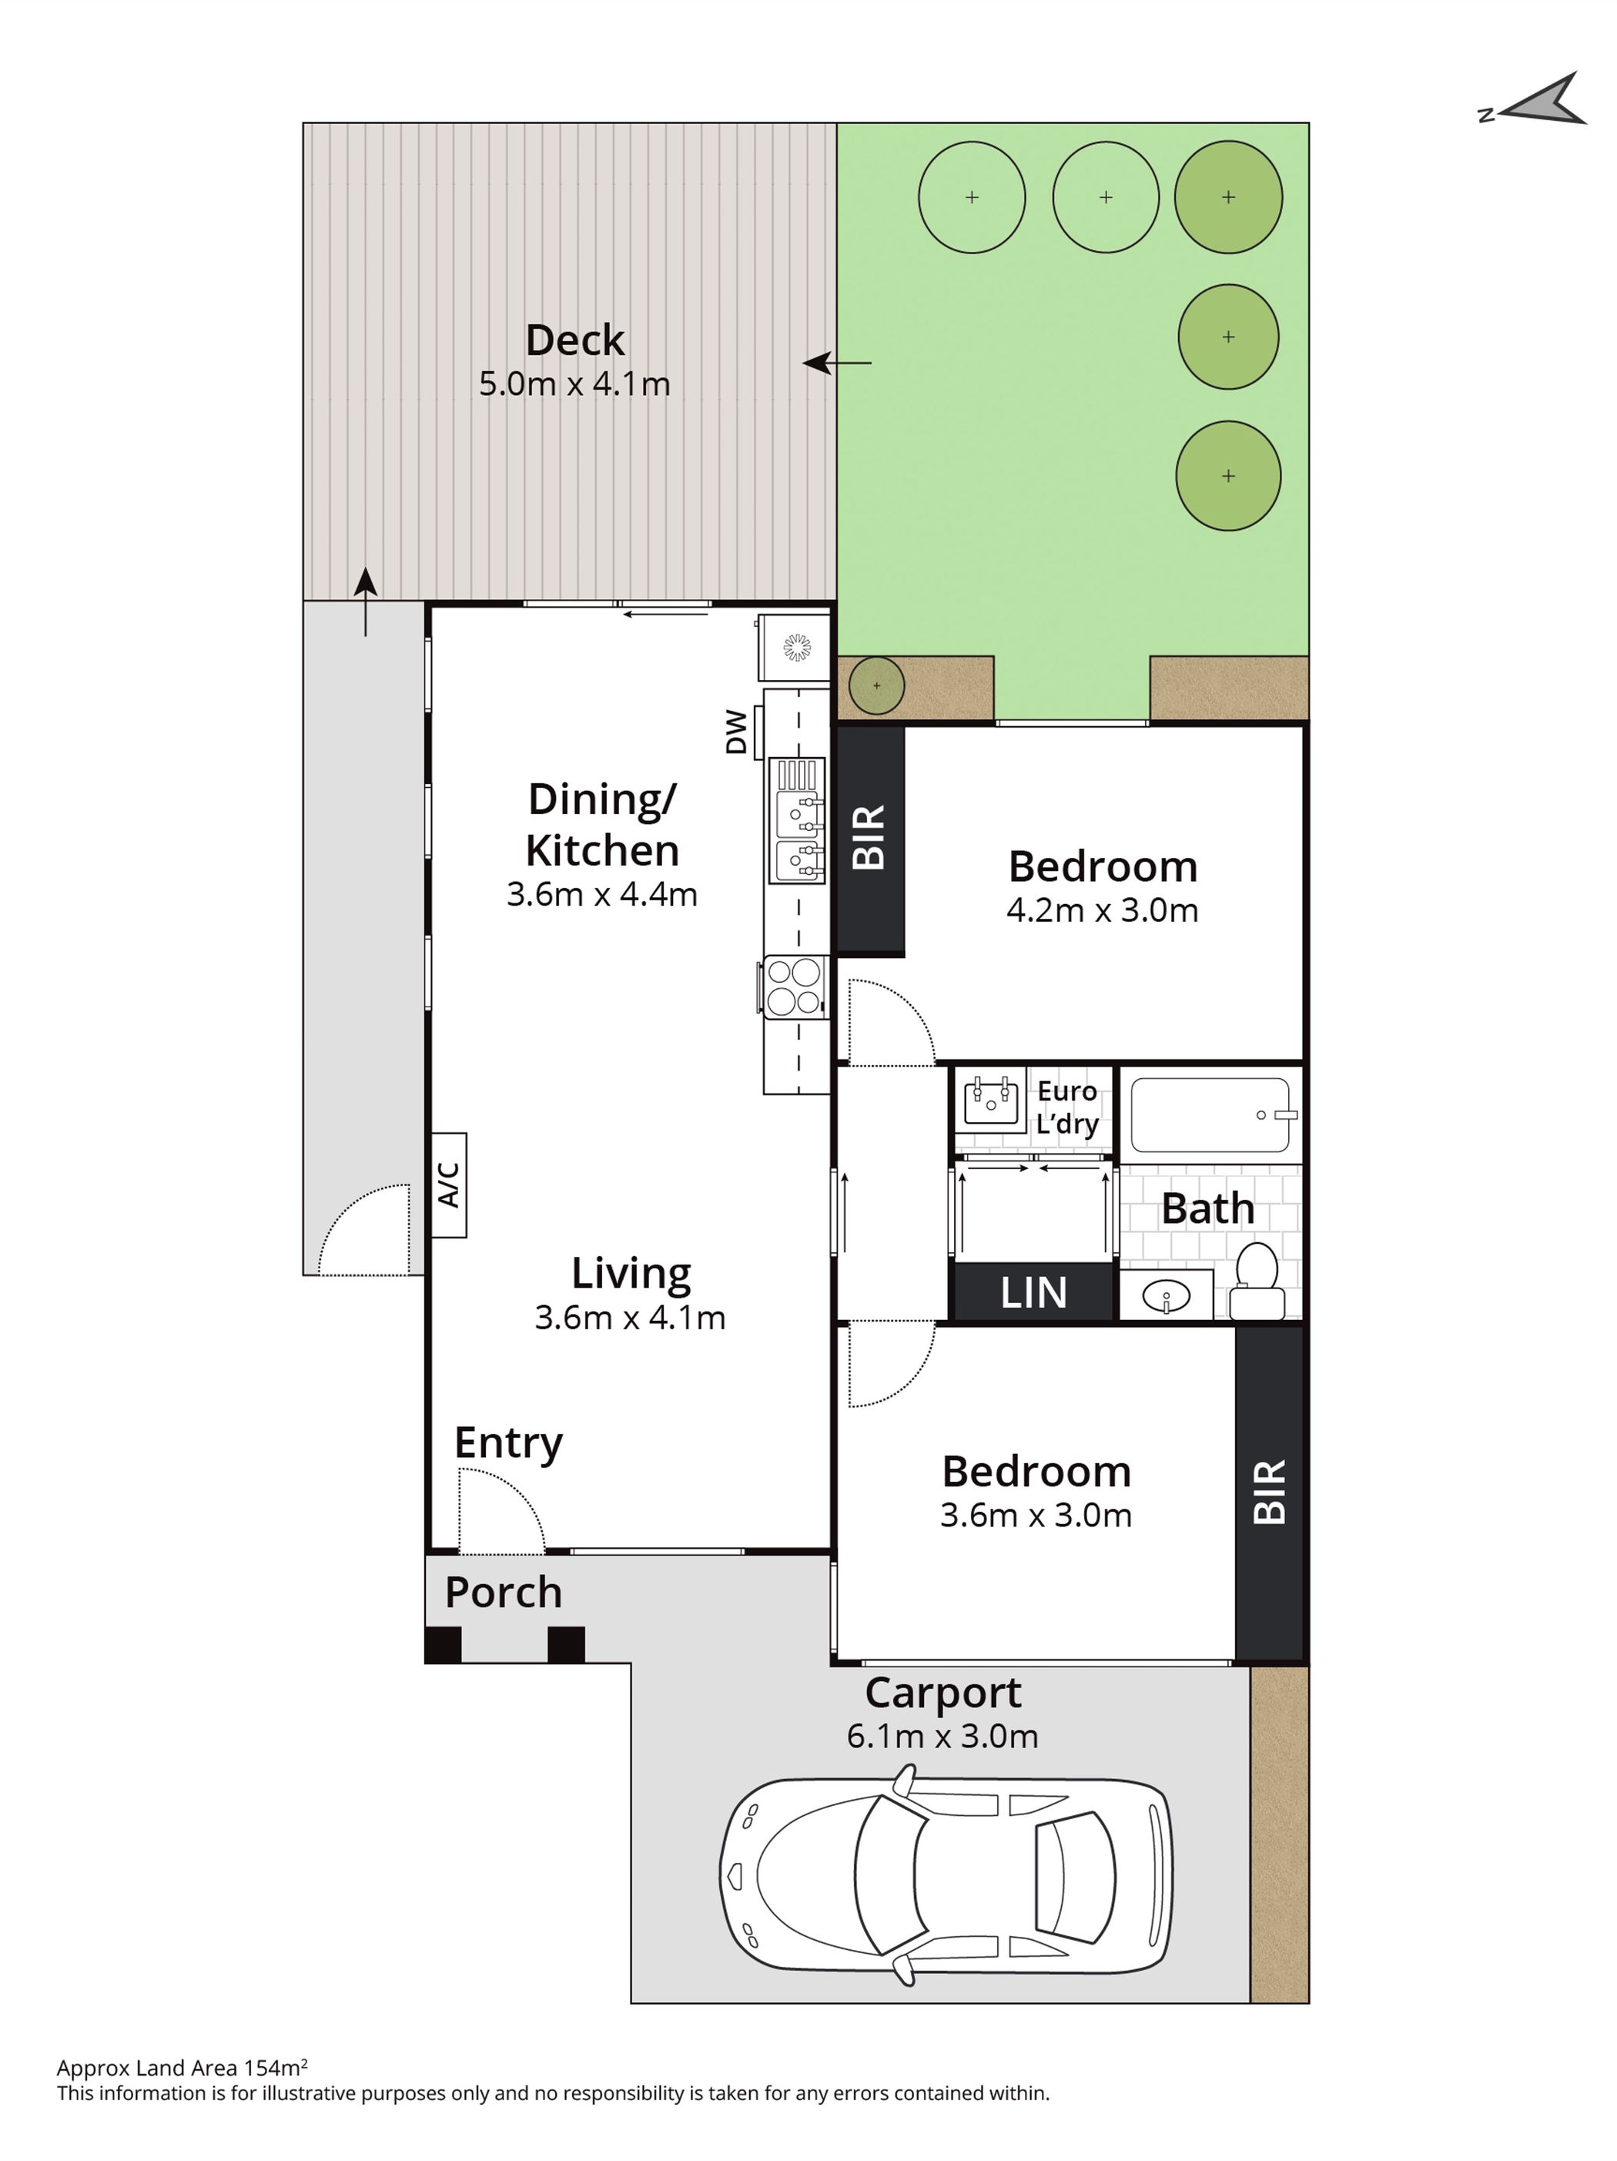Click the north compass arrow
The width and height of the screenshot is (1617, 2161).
point(1534,101)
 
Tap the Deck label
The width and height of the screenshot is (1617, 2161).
point(574,340)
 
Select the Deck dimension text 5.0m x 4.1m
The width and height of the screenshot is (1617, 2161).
point(574,384)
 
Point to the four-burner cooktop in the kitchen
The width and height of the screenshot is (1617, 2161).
point(793,987)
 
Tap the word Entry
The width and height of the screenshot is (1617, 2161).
point(508,1443)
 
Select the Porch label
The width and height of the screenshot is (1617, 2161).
point(503,1593)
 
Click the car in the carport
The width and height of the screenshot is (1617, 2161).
point(945,1875)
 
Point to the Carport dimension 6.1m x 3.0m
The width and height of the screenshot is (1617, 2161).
point(942,1736)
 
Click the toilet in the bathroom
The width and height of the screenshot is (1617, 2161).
point(1257,1281)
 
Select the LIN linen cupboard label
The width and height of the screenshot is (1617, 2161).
point(1033,1292)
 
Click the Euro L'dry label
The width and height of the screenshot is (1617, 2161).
point(1067,1107)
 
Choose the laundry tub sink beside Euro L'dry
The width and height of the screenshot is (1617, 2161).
point(991,1102)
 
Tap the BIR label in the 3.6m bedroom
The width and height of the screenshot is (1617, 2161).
point(1269,1492)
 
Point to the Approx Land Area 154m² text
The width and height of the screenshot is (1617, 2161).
point(182,2067)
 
